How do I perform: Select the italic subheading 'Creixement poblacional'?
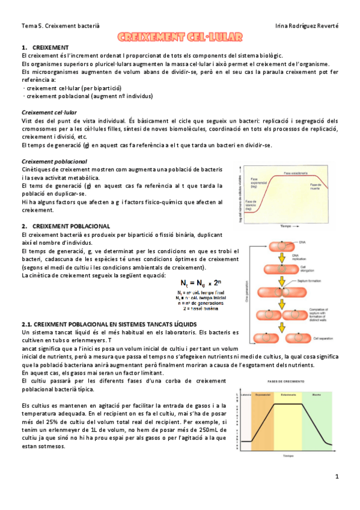[x=54, y=162]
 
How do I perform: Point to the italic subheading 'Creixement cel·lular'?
[x=49, y=112]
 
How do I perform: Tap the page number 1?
[x=338, y=476]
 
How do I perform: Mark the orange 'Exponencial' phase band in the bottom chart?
[x=262, y=421]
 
